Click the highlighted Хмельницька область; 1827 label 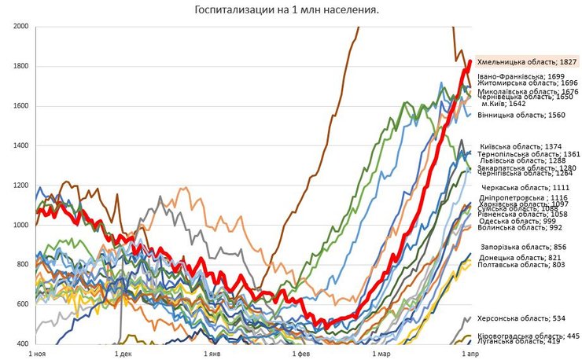point(528,61)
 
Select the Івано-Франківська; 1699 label point(521,76)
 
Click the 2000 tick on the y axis point(21,27)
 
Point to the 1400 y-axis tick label point(21,146)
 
